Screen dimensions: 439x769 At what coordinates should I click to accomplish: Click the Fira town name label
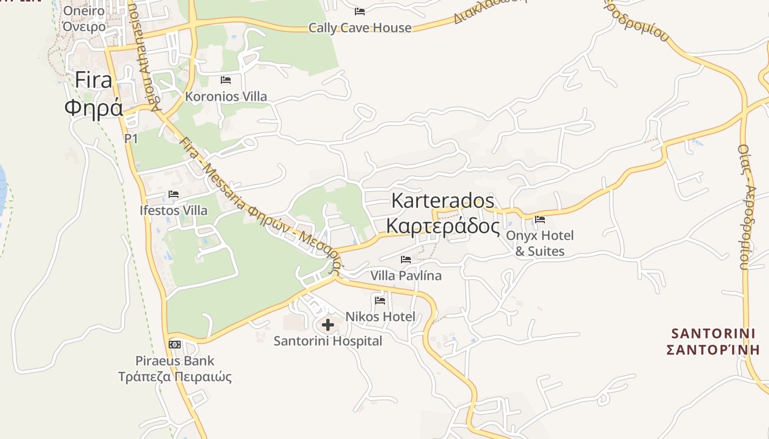pos(93,80)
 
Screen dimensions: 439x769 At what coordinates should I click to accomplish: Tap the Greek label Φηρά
pos(93,107)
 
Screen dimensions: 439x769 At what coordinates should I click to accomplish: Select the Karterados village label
pos(443,200)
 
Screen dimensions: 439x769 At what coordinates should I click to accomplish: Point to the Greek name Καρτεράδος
pos(443,226)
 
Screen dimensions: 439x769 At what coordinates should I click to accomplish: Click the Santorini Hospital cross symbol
pos(328,325)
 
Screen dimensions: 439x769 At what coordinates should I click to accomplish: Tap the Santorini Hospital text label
pos(328,341)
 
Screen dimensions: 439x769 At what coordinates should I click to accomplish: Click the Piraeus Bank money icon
pos(175,344)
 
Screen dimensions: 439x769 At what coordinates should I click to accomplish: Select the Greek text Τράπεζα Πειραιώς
pos(175,377)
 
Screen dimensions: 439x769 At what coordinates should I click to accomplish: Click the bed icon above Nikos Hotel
pos(380,300)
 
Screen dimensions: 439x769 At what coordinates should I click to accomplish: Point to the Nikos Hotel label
pos(380,317)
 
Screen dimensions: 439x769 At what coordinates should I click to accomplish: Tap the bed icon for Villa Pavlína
pos(406,259)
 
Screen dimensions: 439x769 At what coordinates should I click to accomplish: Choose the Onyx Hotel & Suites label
pos(540,243)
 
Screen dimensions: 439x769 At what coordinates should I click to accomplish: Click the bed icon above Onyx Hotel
pos(540,219)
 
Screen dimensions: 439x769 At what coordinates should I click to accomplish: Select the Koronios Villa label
pos(226,97)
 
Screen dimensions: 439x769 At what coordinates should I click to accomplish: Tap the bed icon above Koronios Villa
pos(225,80)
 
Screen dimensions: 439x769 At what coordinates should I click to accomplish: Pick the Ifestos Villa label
pos(174,210)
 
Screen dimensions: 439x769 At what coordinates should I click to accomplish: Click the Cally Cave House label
pos(360,27)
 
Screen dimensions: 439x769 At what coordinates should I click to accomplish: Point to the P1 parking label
pos(131,138)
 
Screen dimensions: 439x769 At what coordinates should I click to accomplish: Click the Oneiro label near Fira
pos(84,11)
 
